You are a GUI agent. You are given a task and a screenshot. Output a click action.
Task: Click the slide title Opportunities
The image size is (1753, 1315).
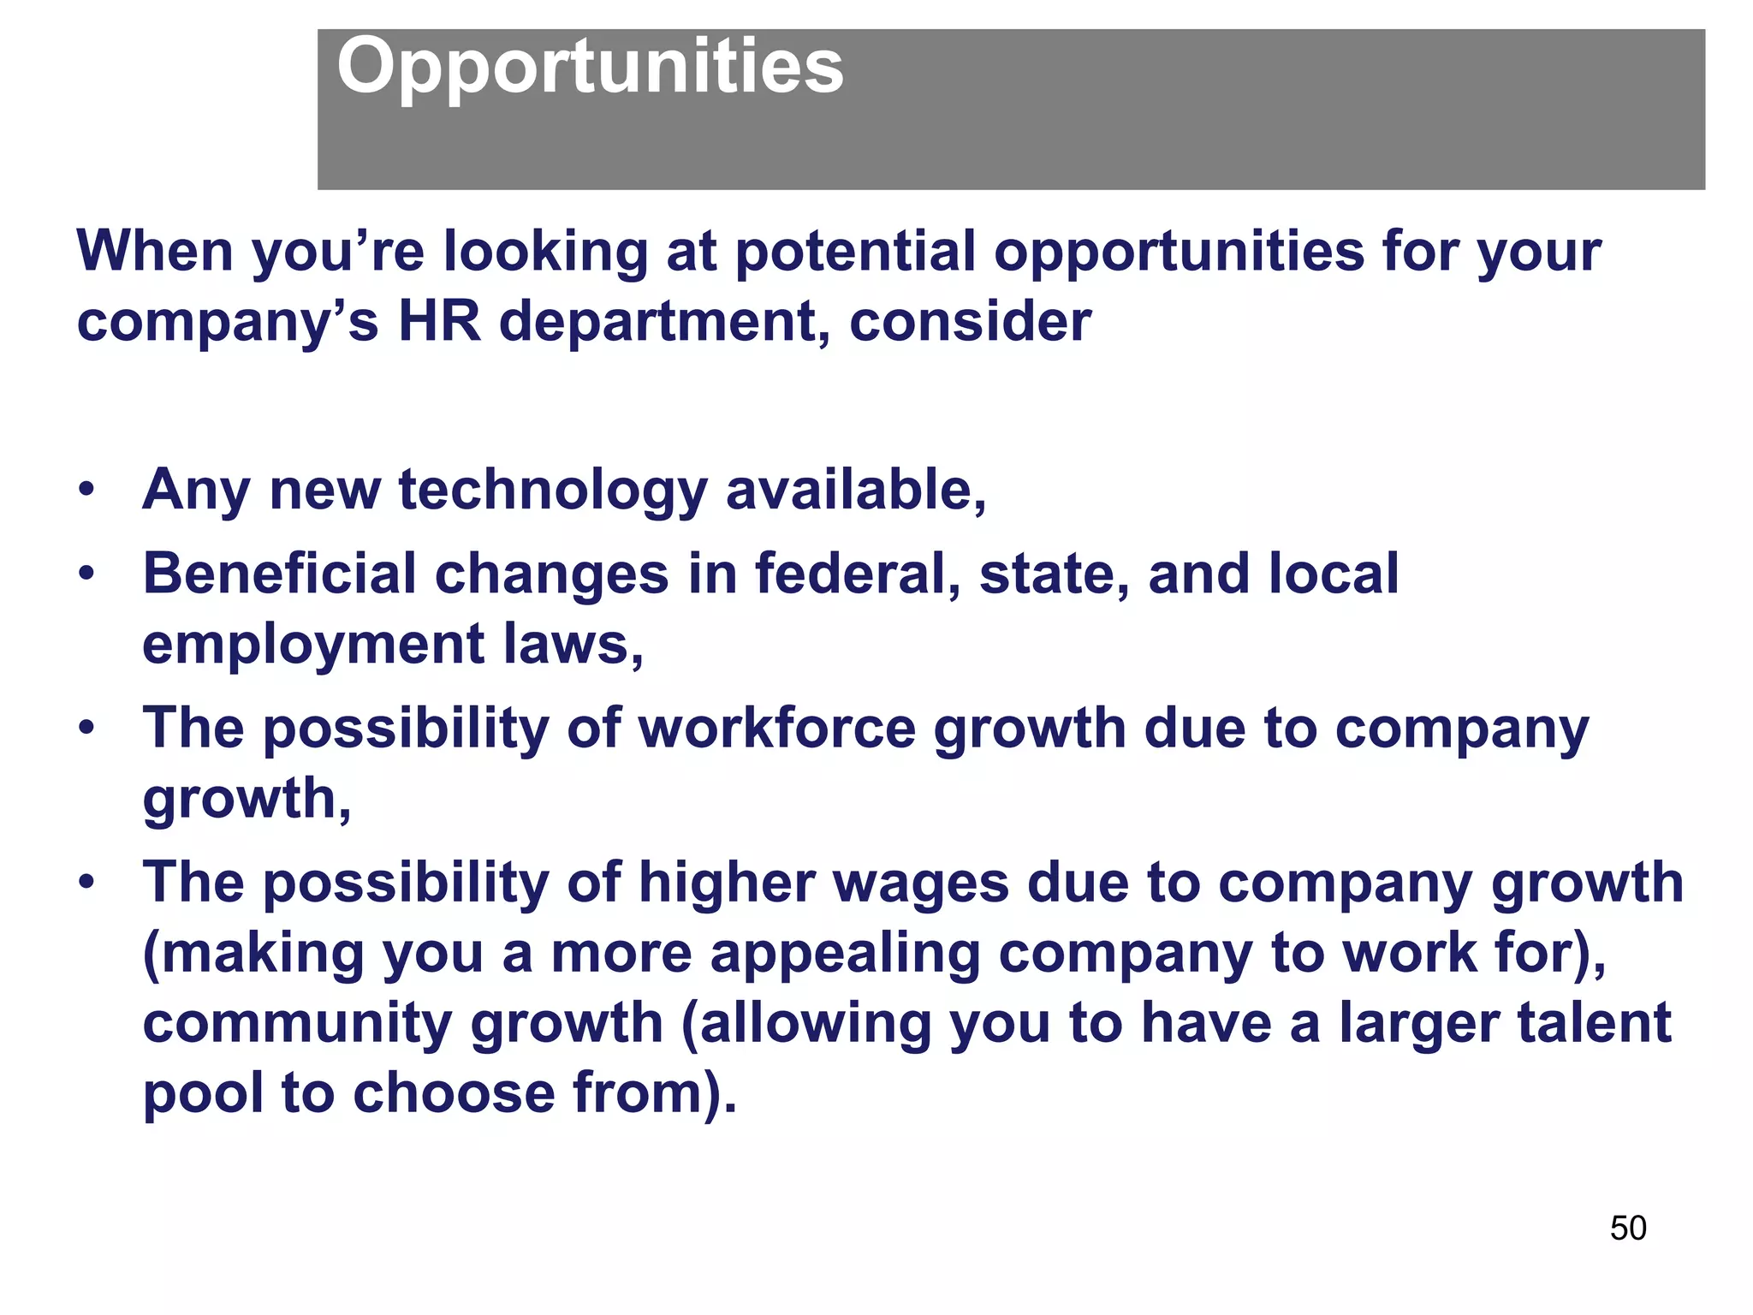click(590, 68)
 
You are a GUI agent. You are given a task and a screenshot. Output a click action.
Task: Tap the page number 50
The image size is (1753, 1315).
click(1627, 1229)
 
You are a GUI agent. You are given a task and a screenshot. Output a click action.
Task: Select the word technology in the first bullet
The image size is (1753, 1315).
click(553, 491)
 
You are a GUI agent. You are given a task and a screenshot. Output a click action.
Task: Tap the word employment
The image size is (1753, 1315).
click(313, 645)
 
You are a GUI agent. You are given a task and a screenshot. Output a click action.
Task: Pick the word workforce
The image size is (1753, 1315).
click(777, 729)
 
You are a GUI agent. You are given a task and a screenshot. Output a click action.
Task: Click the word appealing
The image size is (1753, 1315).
click(845, 954)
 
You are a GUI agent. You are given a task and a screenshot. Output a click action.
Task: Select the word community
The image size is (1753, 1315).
click(297, 1024)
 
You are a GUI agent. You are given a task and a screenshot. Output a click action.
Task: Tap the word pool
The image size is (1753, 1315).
click(203, 1094)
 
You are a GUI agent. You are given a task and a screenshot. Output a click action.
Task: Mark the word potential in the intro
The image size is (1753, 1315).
click(855, 253)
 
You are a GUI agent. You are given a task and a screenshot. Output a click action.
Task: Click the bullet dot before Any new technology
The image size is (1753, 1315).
click(86, 491)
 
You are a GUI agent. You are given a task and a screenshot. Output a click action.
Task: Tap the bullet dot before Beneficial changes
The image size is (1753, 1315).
click(86, 574)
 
